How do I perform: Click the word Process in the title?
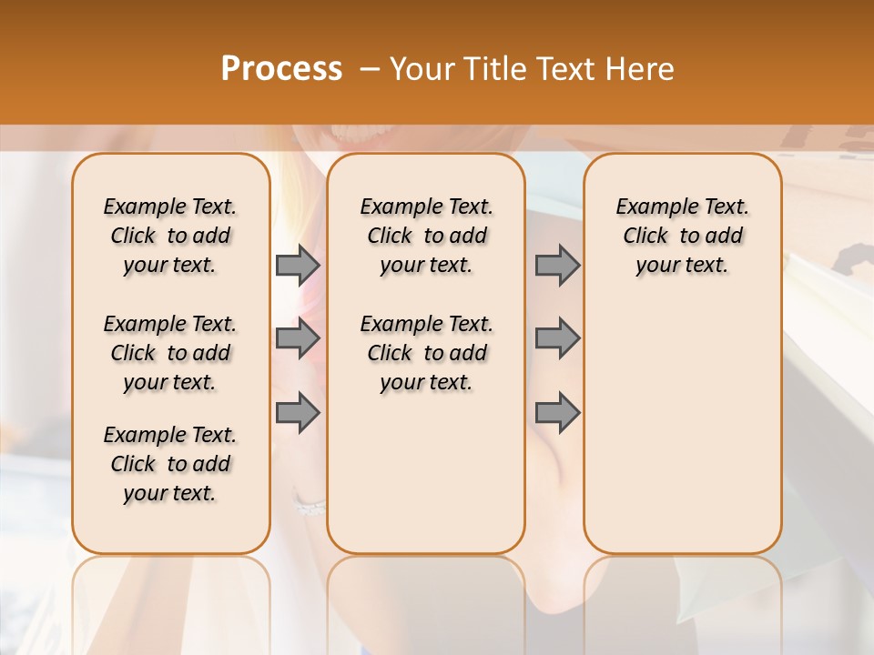[281, 69]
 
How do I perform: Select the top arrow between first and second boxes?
[298, 266]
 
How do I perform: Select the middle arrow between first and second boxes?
[298, 338]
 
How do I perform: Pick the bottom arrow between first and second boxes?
[298, 413]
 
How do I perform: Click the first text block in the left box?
[170, 236]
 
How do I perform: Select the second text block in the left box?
[170, 353]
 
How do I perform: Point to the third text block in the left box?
[170, 464]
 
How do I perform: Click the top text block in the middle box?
[426, 236]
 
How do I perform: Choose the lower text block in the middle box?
[426, 353]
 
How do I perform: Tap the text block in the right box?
[682, 236]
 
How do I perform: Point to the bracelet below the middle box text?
[310, 505]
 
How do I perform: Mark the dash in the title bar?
[370, 69]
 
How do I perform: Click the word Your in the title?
[421, 69]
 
